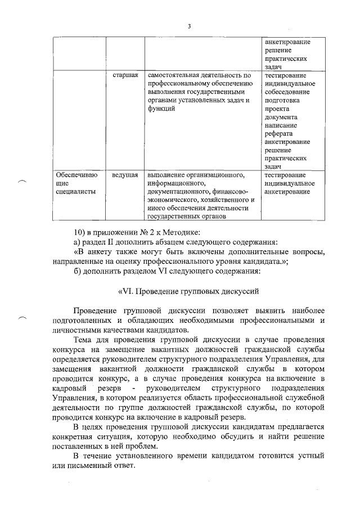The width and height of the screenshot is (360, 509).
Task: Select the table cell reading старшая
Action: point(125,75)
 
